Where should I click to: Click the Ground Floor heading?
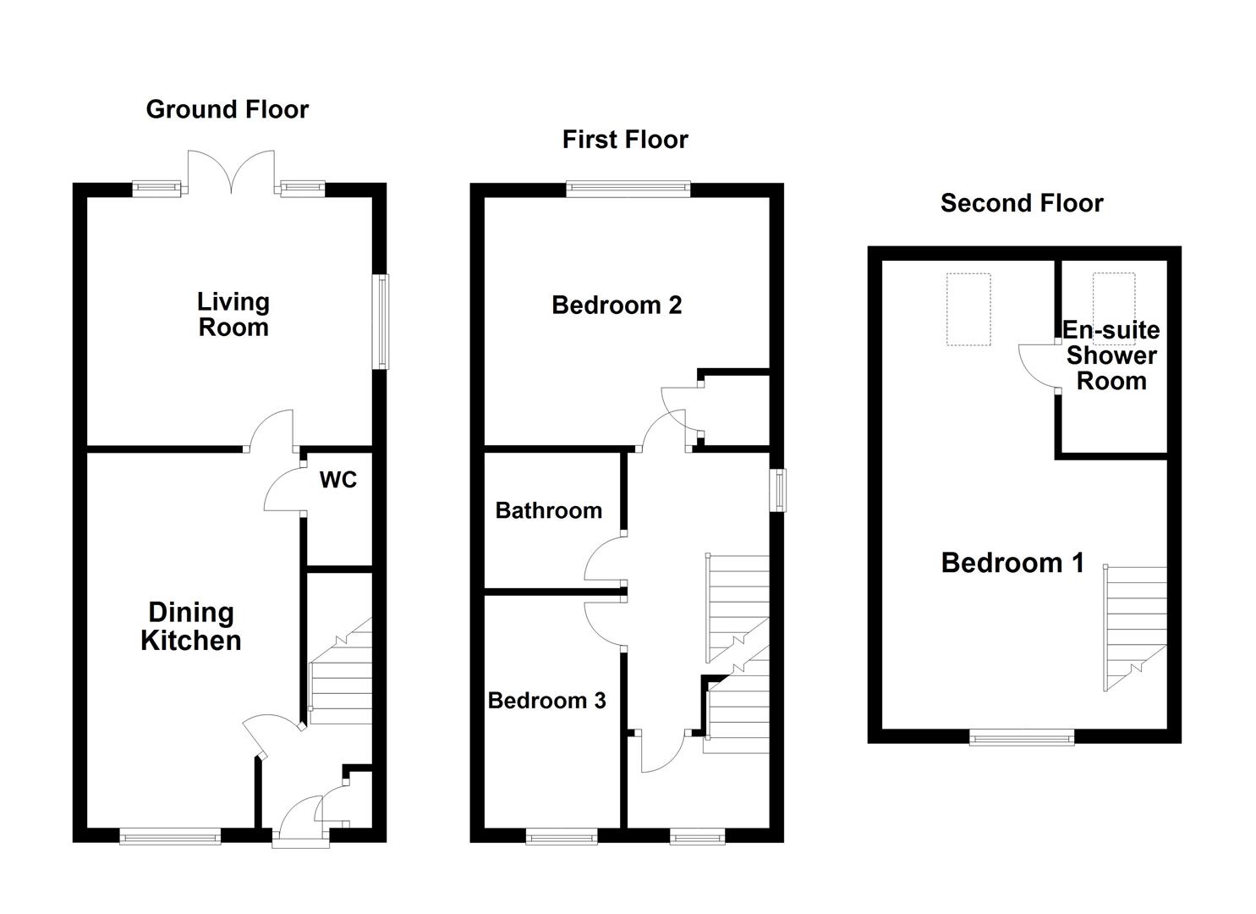tap(227, 109)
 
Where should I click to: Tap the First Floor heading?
tap(625, 140)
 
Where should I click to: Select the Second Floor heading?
tap(1022, 203)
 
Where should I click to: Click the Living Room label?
tap(233, 314)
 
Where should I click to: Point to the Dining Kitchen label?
tap(190, 626)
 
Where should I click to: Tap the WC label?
tap(338, 480)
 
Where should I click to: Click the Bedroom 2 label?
tap(617, 305)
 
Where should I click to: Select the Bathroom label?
tap(549, 510)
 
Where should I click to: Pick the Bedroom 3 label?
tap(547, 701)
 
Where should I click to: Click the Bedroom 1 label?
tap(1012, 563)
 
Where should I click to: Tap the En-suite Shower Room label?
tap(1111, 355)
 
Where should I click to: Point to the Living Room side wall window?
tap(381, 322)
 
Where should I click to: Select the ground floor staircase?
tap(340, 677)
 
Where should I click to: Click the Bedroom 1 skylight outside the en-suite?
tap(968, 309)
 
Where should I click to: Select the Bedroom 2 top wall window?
tap(628, 190)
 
